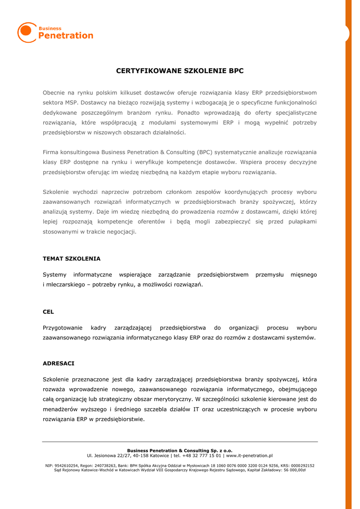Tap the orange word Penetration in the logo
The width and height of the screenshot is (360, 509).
(x=66, y=36)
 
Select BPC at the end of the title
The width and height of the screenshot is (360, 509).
(x=236, y=71)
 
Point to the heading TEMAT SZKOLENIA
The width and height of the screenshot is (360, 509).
(x=72, y=259)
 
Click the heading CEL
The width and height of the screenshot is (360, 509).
(x=48, y=312)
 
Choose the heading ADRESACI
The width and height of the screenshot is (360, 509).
(x=59, y=364)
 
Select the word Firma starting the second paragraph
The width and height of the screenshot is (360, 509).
(x=51, y=152)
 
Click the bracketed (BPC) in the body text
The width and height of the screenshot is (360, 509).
(x=207, y=152)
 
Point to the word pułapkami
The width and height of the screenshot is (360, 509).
(x=300, y=222)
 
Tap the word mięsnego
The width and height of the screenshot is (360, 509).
(x=303, y=275)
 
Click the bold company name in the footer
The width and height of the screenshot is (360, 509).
(x=180, y=450)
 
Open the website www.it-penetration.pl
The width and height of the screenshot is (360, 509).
(x=249, y=455)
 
